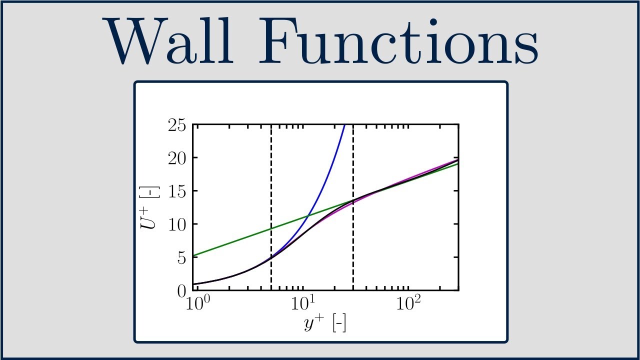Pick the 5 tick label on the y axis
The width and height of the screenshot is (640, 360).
coord(182,257)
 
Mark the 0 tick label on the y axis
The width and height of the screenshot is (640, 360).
coord(182,290)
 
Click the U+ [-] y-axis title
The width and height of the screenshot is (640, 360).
coord(149,207)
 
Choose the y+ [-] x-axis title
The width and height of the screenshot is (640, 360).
coord(325,324)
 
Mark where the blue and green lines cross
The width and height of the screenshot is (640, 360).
coord(308,215)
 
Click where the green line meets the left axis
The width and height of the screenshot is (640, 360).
coord(193,256)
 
